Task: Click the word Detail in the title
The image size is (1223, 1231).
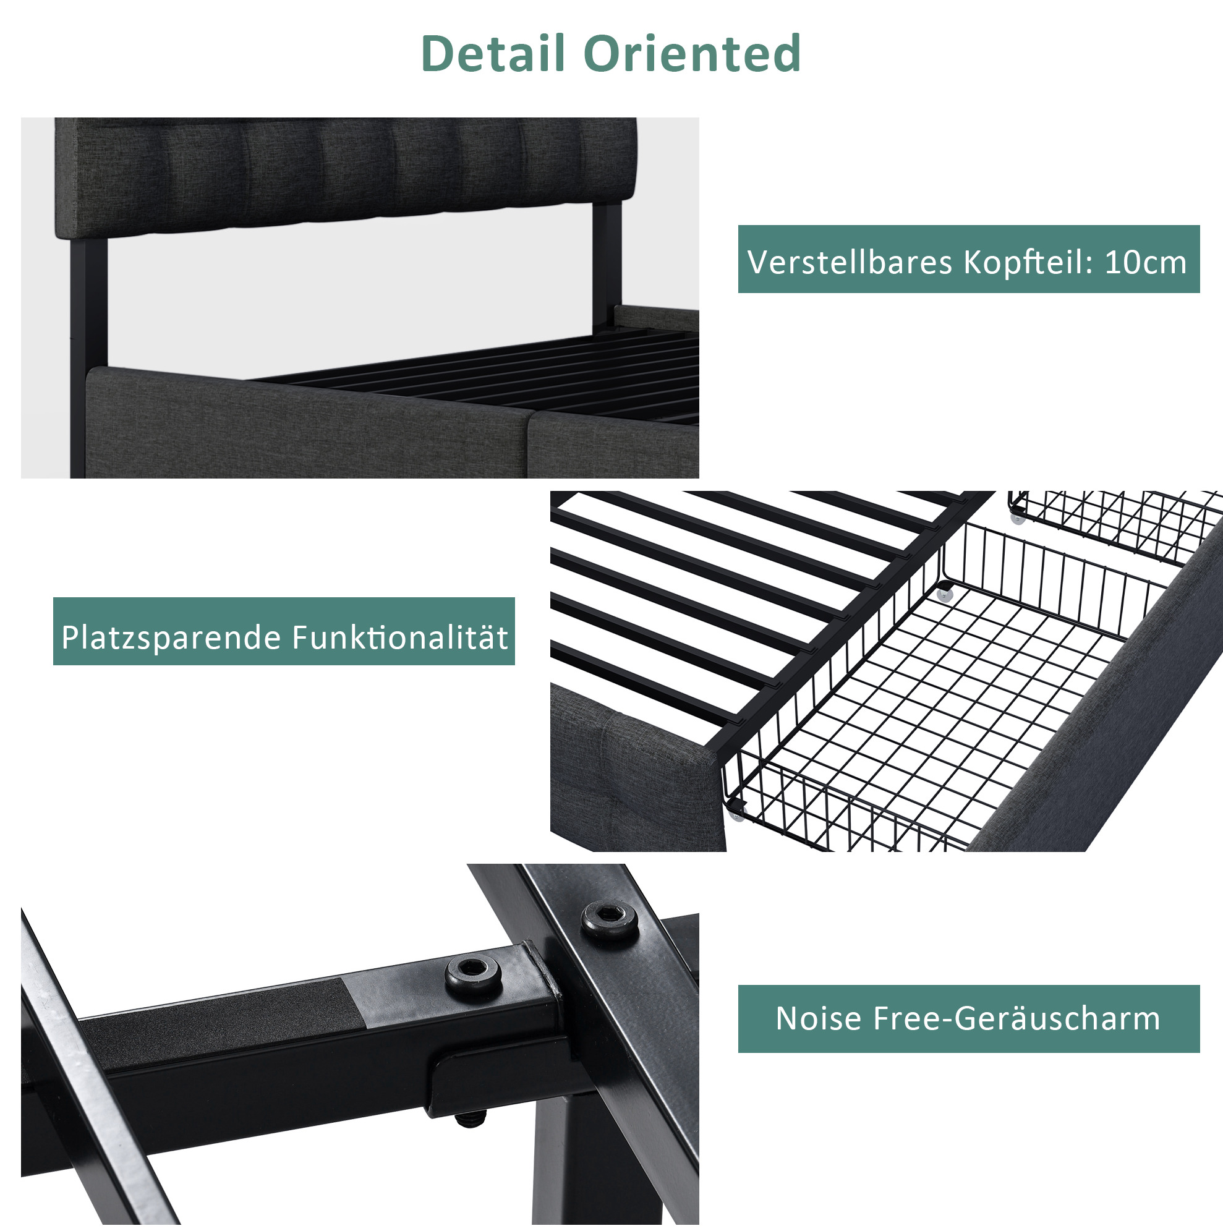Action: (x=493, y=53)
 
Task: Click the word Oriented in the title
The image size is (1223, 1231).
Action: (x=692, y=53)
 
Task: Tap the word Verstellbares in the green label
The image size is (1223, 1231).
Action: (x=850, y=262)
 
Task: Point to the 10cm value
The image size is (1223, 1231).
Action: (x=1145, y=262)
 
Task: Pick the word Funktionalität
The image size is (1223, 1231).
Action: (x=400, y=637)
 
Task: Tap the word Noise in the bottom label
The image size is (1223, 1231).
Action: (x=819, y=1018)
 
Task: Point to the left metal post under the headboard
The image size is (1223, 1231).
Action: (x=88, y=357)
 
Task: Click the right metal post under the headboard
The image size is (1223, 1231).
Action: (x=607, y=268)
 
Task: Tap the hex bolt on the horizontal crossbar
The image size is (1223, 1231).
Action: (x=472, y=973)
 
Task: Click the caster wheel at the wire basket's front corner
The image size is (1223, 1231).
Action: (x=737, y=815)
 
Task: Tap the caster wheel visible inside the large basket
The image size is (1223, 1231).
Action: (x=944, y=595)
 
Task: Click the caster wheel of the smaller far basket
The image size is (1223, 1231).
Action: (x=1017, y=519)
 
